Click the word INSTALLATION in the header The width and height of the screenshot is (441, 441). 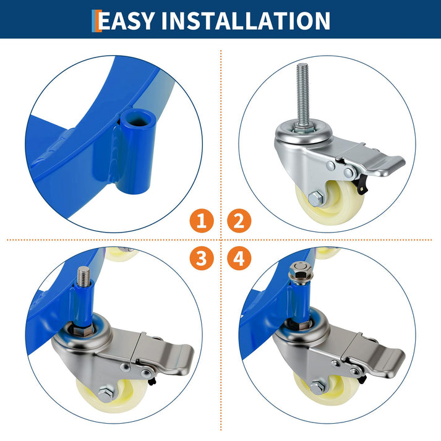tap(246, 20)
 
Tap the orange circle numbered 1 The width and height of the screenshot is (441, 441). tap(202, 221)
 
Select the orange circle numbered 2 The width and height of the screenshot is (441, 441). tap(239, 221)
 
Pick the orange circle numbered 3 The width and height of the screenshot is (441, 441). tap(202, 258)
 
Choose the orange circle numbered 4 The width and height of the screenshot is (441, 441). tap(239, 258)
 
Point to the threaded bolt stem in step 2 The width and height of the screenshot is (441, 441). tap(302, 96)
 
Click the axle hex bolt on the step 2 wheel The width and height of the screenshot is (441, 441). tap(316, 199)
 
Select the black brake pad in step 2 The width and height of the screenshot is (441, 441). tap(361, 185)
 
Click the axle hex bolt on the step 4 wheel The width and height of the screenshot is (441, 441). tap(318, 388)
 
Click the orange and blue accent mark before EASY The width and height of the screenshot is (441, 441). tap(96, 21)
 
